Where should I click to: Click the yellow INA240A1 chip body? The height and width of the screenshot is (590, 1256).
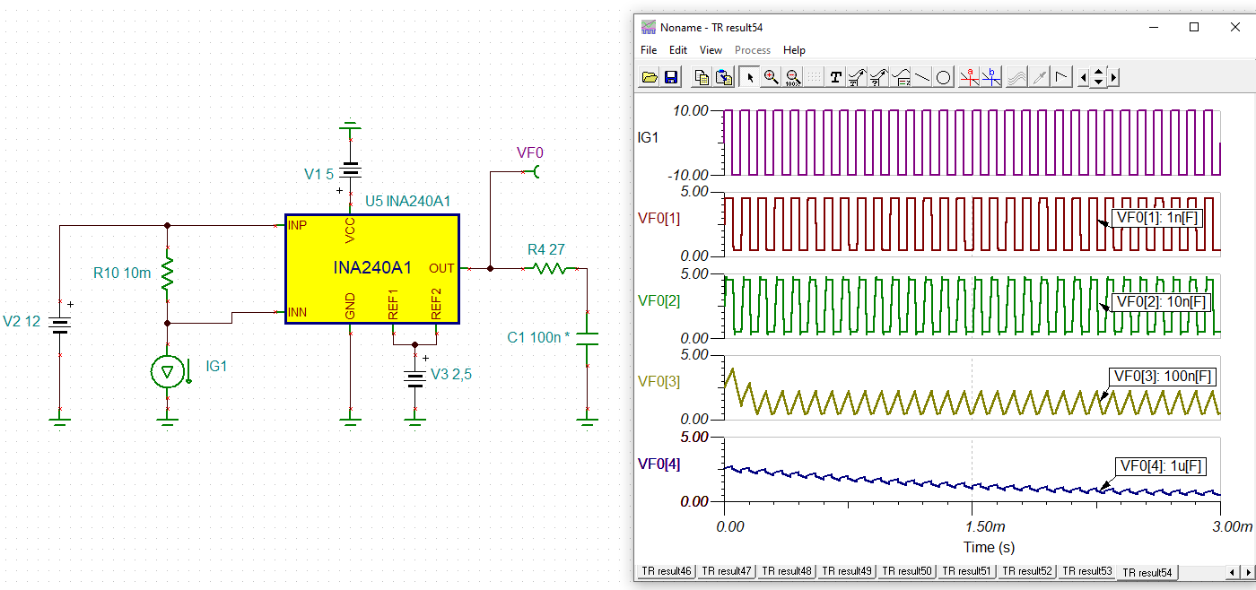point(371,268)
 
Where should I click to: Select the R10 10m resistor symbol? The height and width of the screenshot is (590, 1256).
point(167,273)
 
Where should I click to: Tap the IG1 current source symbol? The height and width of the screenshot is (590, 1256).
point(167,371)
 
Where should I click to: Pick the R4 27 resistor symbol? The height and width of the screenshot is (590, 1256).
point(546,267)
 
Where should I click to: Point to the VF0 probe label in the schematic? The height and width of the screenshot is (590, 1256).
point(529,153)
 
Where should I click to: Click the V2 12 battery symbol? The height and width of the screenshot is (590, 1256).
point(59,325)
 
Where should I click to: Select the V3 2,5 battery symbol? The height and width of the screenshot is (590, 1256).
point(414,377)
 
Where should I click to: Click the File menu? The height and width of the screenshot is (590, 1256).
point(649,50)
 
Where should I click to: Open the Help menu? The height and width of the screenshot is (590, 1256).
point(794,50)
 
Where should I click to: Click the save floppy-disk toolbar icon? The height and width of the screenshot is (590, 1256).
point(671,77)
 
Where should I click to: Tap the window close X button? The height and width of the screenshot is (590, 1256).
point(1234,27)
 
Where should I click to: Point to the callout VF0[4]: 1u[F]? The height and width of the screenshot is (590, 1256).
point(1161,465)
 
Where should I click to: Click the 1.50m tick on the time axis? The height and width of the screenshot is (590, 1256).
point(972,526)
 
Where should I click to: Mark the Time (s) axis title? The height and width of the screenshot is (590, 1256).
point(972,547)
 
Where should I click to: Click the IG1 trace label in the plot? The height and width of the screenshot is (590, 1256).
point(648,137)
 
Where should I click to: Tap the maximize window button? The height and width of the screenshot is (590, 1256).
point(1194,27)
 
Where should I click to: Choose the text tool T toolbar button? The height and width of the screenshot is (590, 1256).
point(835,77)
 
